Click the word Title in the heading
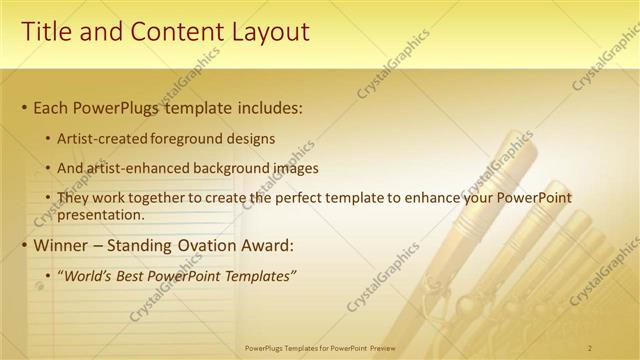pyautogui.click(x=46, y=32)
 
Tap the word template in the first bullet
pyautogui.click(x=194, y=107)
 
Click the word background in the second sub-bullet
pyautogui.click(x=221, y=169)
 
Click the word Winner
pyautogui.click(x=63, y=244)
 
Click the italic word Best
pyautogui.click(x=132, y=276)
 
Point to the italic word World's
pyautogui.click(x=88, y=276)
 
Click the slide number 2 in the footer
pyautogui.click(x=590, y=347)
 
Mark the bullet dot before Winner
pyautogui.click(x=24, y=245)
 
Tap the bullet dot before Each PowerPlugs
pyautogui.click(x=24, y=108)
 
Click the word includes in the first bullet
pyautogui.click(x=268, y=107)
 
